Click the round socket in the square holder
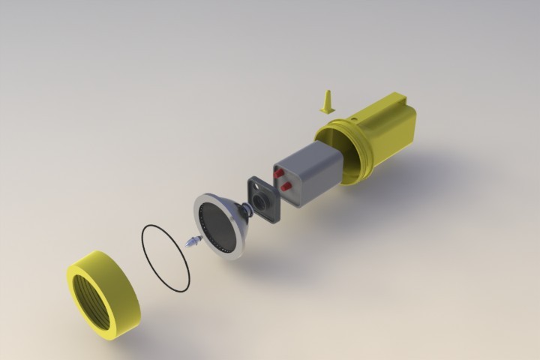[262, 201]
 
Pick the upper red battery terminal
[279, 174]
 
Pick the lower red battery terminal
[286, 185]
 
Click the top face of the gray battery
[307, 154]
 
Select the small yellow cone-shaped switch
[327, 103]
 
